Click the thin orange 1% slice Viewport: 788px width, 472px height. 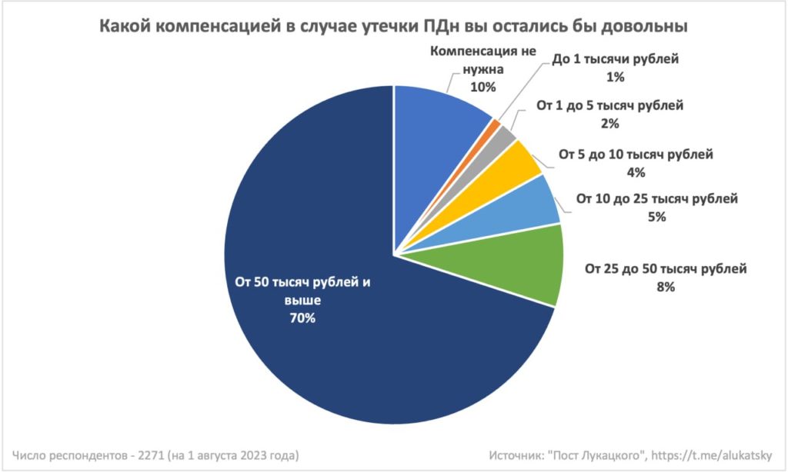pos(495,124)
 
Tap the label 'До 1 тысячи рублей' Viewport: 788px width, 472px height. pos(616,60)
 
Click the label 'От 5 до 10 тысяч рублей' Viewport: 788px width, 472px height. pos(636,155)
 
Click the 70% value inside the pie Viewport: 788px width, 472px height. pos(302,318)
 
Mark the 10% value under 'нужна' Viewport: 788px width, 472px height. pos(483,87)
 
